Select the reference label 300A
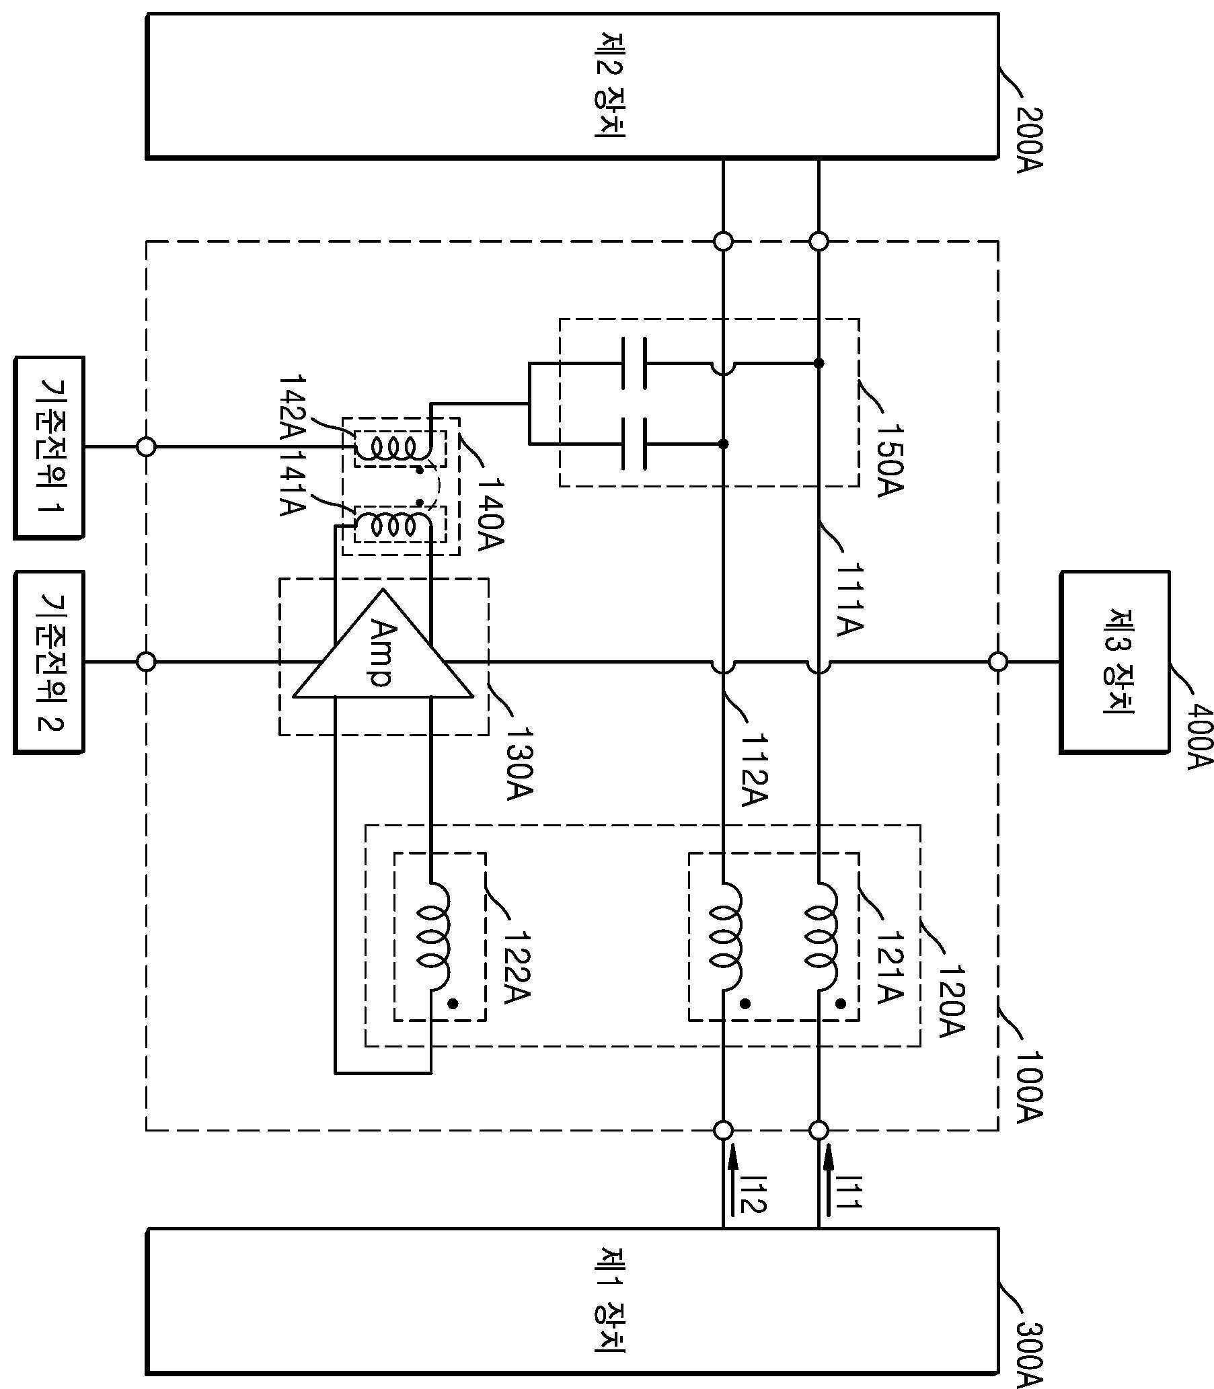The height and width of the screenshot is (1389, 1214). tap(1029, 1348)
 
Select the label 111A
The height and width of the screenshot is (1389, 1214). tap(851, 599)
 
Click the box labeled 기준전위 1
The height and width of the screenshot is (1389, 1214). tap(49, 448)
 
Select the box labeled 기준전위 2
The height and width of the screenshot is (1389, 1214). tap(49, 662)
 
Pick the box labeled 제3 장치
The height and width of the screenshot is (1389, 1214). tap(1114, 662)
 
